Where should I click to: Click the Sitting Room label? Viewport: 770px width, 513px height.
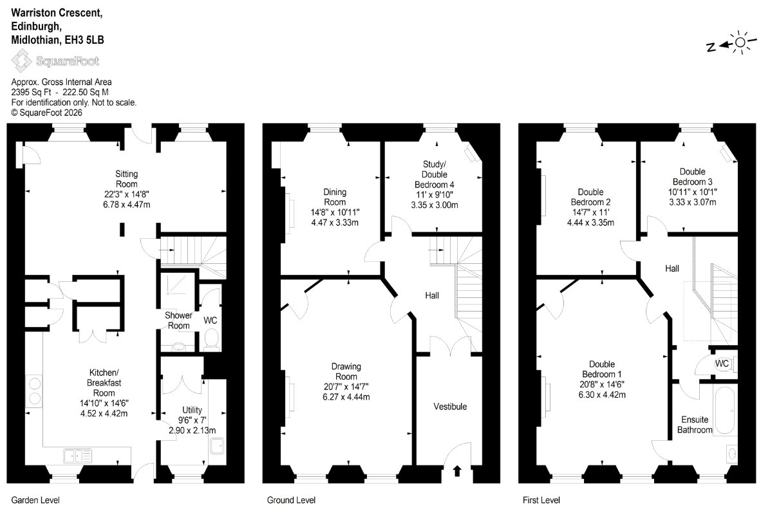tap(127, 179)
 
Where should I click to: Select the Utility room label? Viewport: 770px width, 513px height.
tap(192, 410)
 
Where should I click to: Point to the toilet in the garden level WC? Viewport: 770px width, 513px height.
tap(212, 339)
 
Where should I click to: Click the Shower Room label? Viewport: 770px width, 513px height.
tap(178, 320)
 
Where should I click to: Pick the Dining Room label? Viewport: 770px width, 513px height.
tap(335, 197)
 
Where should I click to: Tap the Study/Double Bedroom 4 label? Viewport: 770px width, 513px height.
tap(434, 174)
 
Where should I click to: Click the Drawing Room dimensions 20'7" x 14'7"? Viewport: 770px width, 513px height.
tap(346, 386)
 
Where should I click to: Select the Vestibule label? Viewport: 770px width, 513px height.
tap(450, 406)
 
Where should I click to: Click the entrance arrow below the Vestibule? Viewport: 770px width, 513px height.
tap(457, 471)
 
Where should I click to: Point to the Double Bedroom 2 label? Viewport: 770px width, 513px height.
tap(591, 197)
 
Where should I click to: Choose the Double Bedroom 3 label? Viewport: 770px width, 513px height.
tap(692, 176)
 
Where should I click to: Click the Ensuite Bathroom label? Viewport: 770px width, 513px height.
tap(695, 425)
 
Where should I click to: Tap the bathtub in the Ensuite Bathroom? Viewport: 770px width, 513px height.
tap(726, 411)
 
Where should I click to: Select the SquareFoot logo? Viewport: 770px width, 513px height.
tap(55, 62)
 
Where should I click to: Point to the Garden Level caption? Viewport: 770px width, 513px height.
tap(35, 500)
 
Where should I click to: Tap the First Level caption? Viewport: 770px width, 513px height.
tap(541, 500)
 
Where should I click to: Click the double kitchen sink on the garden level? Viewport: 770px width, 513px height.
tap(78, 456)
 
